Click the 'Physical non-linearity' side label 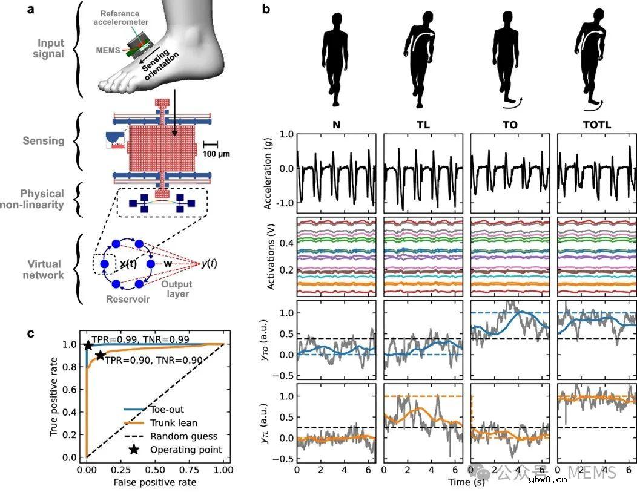click(41, 199)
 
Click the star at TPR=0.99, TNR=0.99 click(88, 346)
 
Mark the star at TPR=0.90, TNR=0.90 click(100, 356)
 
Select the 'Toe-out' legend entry click(168, 410)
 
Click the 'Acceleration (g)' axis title click(268, 172)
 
